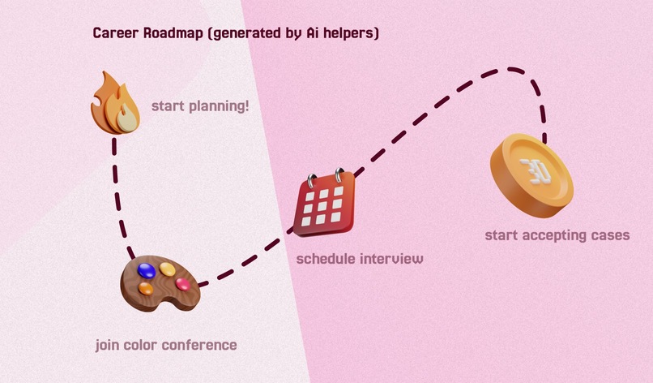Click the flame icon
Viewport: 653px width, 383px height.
(115, 104)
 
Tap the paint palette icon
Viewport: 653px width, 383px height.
(160, 283)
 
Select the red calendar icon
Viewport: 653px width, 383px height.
(324, 203)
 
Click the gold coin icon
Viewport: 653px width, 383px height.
(531, 175)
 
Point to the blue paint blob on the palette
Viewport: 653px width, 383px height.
(147, 270)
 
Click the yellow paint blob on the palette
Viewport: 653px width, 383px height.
(168, 269)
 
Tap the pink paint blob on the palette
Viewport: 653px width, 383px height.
(183, 284)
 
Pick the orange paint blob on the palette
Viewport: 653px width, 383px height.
(146, 288)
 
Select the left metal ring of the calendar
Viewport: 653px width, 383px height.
(311, 181)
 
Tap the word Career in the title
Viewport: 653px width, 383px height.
(116, 33)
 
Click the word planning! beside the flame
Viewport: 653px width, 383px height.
(219, 106)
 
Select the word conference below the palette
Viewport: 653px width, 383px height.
(199, 345)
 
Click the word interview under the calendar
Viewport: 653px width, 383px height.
(391, 259)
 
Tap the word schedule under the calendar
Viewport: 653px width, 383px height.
(326, 259)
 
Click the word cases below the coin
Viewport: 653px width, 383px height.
(611, 235)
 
